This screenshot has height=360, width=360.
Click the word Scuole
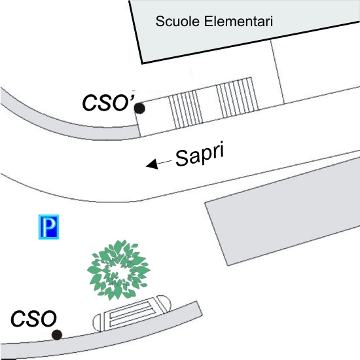177,21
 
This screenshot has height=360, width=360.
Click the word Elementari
238,21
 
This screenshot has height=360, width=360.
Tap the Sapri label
200,154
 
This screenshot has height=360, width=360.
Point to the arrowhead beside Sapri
153,164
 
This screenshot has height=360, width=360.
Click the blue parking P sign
48,227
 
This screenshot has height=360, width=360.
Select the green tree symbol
118,270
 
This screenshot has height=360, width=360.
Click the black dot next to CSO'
139,109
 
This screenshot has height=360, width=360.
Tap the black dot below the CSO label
57,335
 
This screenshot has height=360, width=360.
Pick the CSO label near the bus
33,319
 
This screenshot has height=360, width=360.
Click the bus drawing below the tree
132,314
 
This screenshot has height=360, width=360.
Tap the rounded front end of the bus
164,304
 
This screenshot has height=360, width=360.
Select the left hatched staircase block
186,109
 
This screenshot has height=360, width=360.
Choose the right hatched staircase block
238,98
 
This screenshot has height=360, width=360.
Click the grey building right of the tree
282,211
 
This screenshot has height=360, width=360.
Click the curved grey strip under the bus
101,340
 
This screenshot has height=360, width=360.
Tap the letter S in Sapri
183,158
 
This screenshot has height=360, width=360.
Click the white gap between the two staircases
210,104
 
